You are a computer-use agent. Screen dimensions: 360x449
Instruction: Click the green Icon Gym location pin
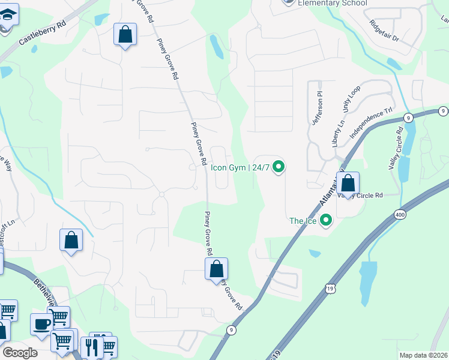[279, 166]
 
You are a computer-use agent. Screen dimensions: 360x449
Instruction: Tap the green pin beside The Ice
[326, 221]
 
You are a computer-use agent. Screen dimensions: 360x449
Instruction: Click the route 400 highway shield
[399, 214]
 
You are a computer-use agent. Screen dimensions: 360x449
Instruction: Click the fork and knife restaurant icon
[91, 346]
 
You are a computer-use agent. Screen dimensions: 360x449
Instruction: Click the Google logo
[20, 352]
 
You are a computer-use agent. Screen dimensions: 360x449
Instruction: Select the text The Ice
[303, 221]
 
